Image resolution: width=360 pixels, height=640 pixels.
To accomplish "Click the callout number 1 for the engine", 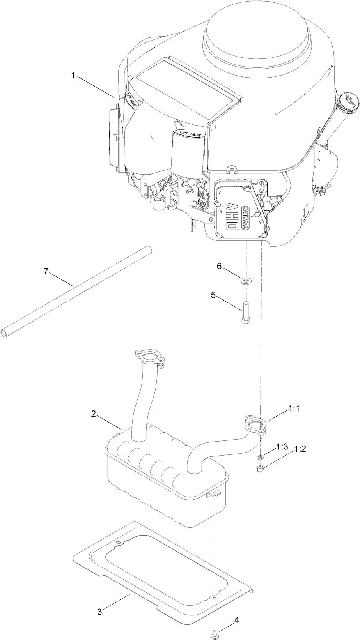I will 73,76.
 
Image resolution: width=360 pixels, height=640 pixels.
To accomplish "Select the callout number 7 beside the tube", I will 46,272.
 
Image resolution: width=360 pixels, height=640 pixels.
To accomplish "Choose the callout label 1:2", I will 300,449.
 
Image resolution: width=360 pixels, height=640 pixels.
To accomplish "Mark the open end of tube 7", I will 4,333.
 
